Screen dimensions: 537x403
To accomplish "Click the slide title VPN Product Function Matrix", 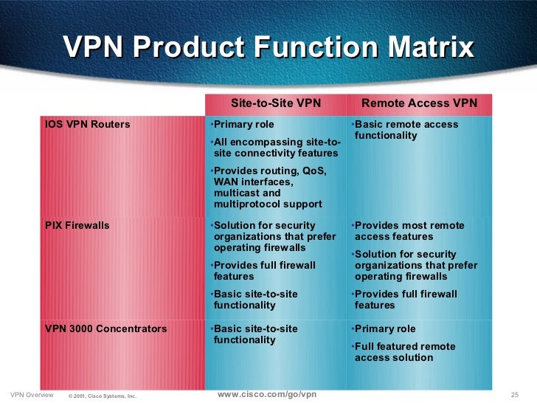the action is (268, 49).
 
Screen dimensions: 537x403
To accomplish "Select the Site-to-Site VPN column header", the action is (276, 103).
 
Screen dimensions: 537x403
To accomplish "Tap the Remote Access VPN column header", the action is (419, 103).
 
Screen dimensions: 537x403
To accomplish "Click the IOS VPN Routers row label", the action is (88, 125).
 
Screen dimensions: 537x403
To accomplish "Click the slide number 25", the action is (516, 395).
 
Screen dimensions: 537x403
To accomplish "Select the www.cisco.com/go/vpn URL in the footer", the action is (268, 394).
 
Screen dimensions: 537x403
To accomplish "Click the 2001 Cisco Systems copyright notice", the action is (103, 396).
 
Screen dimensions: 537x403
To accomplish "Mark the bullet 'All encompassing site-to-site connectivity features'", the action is (275, 148).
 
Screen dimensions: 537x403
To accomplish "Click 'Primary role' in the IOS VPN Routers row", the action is (243, 125).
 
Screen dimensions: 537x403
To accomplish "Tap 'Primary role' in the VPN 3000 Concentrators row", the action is (384, 329).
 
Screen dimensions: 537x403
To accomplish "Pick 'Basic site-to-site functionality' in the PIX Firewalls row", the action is (255, 299).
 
